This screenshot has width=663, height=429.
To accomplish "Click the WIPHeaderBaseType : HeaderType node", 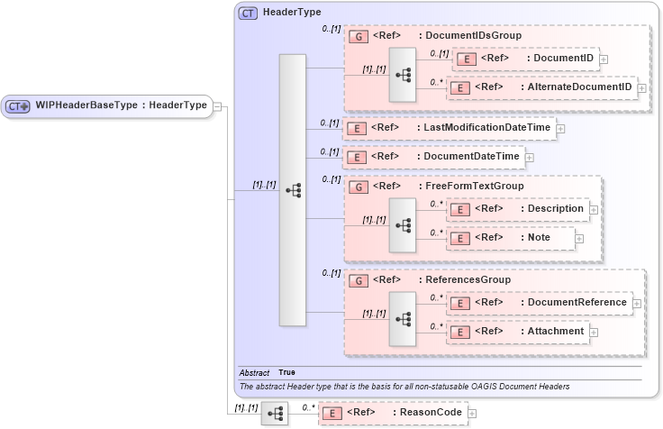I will (108, 106).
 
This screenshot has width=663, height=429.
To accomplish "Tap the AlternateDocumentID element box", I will (541, 88).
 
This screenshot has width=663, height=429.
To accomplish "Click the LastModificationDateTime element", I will (448, 128).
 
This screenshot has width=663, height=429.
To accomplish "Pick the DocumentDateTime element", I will (432, 157).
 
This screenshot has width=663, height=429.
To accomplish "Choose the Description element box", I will (518, 209).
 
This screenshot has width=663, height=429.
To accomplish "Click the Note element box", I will (510, 238).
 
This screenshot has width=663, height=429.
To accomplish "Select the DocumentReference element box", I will (539, 303).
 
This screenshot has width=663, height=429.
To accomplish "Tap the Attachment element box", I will (518, 332).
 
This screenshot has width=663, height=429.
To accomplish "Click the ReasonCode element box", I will (392, 413).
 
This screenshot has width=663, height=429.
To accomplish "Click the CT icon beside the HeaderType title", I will (248, 14).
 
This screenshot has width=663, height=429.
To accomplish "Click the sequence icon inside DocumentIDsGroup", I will (402, 74).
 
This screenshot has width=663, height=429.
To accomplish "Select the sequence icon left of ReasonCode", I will (274, 414).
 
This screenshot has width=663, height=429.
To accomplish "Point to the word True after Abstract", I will (286, 372).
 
